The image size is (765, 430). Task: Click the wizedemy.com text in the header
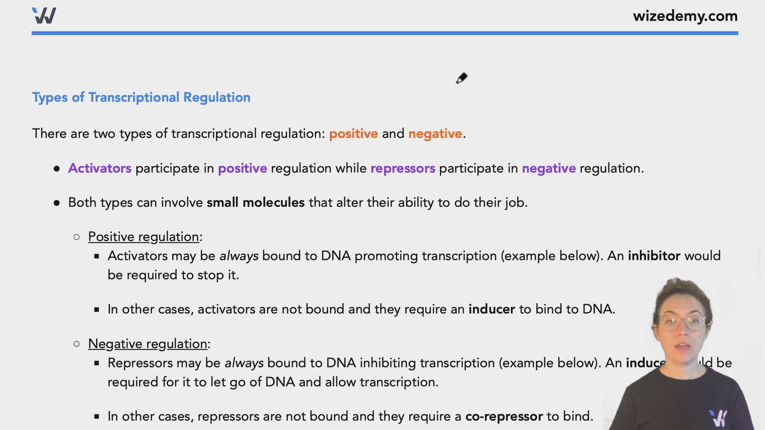(685, 16)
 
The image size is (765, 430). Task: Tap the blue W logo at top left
(44, 16)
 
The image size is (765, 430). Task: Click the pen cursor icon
(462, 78)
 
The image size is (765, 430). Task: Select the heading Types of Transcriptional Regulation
(141, 98)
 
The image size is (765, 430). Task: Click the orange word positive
(353, 134)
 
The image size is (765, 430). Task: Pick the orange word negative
(435, 134)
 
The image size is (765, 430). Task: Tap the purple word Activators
(100, 168)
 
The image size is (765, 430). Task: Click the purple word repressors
(402, 168)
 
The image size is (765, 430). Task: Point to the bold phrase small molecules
(255, 203)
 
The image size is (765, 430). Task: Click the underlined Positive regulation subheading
(143, 237)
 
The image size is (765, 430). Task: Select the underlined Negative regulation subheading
(147, 344)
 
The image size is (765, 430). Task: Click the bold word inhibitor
(654, 256)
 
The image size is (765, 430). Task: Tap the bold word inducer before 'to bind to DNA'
(491, 309)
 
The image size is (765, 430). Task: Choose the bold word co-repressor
(504, 416)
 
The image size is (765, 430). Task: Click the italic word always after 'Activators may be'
(239, 256)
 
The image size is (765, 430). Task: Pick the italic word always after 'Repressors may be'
(244, 363)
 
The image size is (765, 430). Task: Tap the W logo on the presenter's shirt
(718, 418)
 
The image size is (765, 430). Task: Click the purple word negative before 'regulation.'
(548, 168)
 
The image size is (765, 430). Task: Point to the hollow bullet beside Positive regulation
(77, 237)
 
